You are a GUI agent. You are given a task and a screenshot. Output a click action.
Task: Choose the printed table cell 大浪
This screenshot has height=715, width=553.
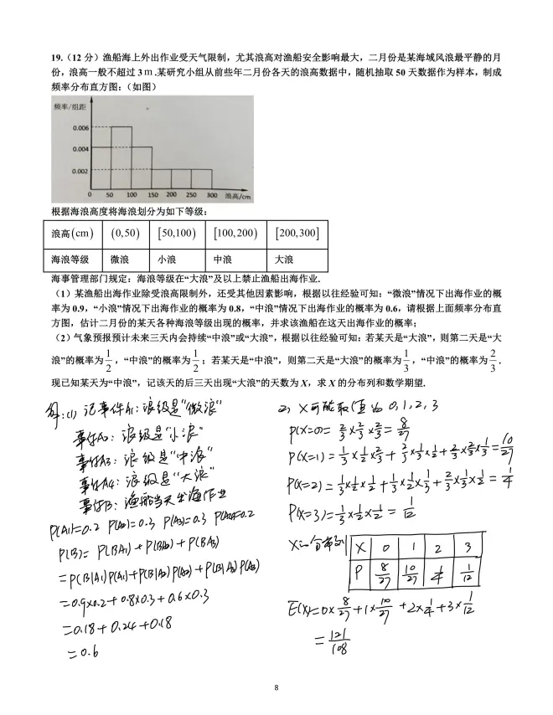285,259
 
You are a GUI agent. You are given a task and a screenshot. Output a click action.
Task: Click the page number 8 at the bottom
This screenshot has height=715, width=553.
276,687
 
